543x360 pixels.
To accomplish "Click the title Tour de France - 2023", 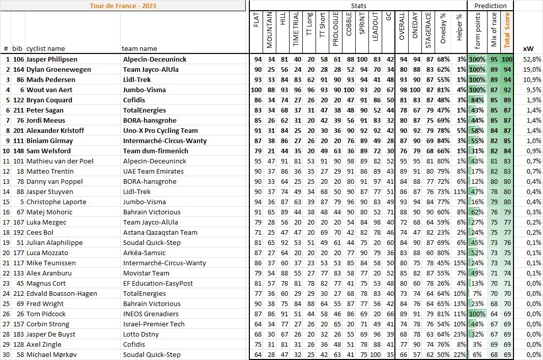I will point(123,6).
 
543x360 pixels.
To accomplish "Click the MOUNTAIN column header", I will point(270,30).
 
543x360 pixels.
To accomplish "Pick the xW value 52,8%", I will point(532,59).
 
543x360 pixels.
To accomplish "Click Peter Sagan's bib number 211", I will point(18,110).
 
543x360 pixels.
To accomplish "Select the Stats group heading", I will point(359,6).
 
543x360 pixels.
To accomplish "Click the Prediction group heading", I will point(490,6).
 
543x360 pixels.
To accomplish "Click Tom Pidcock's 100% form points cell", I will point(477,314).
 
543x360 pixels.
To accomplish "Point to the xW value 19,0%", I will point(532,69).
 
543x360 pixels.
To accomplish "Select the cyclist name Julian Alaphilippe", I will point(52,242).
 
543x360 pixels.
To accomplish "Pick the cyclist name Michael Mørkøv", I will point(51,354).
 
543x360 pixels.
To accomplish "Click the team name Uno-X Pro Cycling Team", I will point(160,130).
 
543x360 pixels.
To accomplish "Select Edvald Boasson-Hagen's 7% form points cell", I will point(477,293).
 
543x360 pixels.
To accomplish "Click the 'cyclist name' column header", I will point(46,49).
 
